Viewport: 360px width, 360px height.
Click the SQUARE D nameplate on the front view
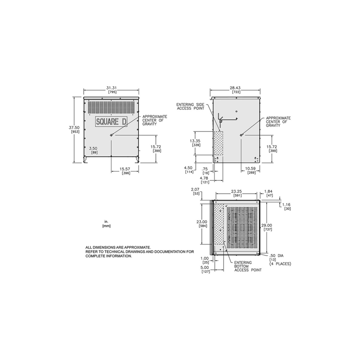pyautogui.click(x=111, y=122)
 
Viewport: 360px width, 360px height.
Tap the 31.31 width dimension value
pyautogui.click(x=111, y=88)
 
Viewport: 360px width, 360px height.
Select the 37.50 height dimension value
pyautogui.click(x=74, y=127)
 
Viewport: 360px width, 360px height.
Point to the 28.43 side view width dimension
pyautogui.click(x=235, y=88)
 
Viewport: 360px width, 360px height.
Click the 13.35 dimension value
pyautogui.click(x=195, y=141)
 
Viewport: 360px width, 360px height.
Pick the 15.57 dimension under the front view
pyautogui.click(x=125, y=169)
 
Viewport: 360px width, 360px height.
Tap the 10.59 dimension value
pyautogui.click(x=250, y=169)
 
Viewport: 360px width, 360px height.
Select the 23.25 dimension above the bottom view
pyautogui.click(x=236, y=191)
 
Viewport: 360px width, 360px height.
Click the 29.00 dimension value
pyautogui.click(x=267, y=226)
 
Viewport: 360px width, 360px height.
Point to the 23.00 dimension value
pyautogui.click(x=202, y=222)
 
